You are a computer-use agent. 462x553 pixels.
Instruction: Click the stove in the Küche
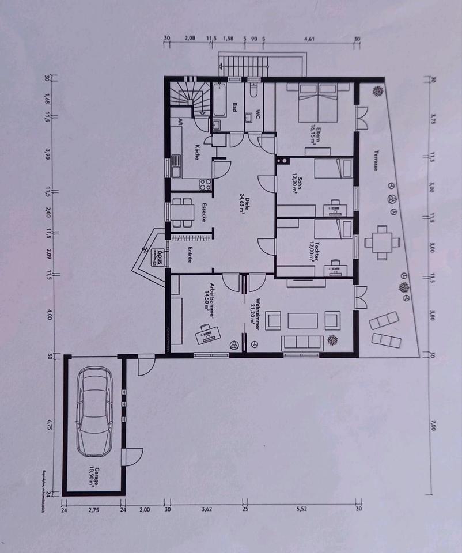pos(205,184)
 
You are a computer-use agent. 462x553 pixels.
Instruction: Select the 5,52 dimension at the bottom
pos(300,509)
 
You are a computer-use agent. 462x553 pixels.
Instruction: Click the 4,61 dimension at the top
pos(309,39)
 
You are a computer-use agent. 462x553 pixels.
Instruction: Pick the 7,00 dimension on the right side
pos(433,426)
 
